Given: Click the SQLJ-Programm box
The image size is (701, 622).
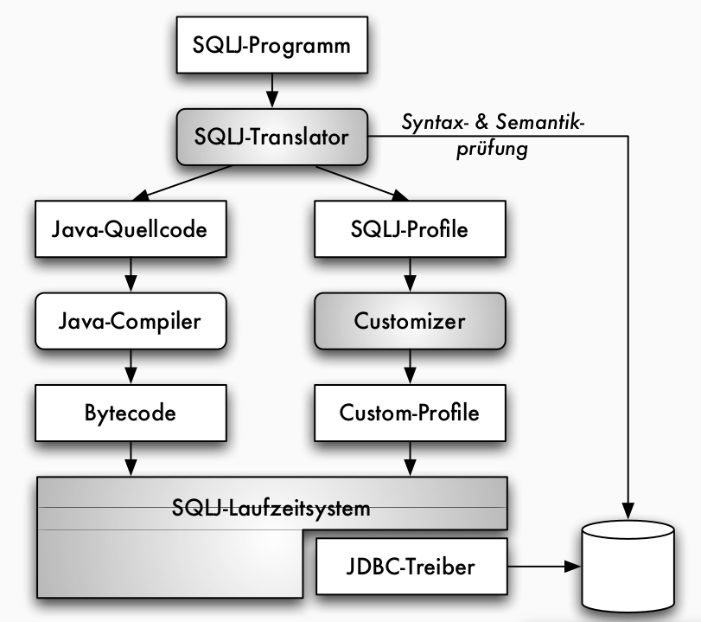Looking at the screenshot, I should pos(271,44).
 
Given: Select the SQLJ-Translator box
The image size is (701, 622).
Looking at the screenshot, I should pos(271,136).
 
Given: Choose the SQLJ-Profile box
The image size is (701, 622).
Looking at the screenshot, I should pos(410,230).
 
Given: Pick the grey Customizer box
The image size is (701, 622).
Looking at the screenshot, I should pos(410,321).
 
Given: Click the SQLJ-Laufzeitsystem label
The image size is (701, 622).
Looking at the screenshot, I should pos(271,507).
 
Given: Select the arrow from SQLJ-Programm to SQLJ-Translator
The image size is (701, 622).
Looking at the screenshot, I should pos(271,89).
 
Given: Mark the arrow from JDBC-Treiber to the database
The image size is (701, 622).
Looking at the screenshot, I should pos(540,567).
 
